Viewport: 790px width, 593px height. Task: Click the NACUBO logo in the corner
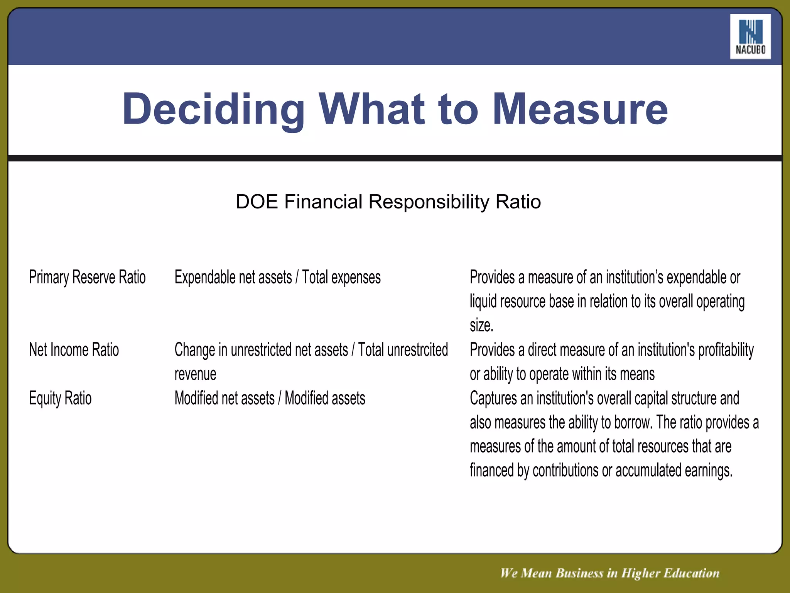pos(750,37)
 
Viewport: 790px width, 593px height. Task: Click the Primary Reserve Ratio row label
pos(87,277)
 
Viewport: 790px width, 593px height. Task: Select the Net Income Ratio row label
pos(74,350)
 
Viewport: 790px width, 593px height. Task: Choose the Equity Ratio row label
pos(60,398)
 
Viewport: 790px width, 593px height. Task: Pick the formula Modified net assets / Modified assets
pos(270,398)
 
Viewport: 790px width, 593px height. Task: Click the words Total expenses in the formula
pos(341,277)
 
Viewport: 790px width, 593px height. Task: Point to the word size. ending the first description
pos(481,325)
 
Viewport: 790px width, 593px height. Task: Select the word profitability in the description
pos(726,350)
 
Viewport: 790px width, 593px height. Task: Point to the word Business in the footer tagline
pos(579,573)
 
